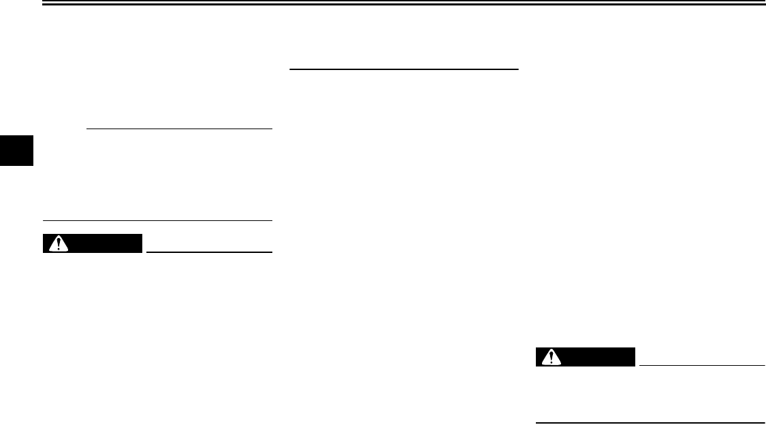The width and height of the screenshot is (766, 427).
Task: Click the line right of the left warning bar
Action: coord(209,252)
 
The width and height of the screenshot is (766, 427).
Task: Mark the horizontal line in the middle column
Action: coord(404,69)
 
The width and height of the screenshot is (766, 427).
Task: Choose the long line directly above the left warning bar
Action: coord(157,220)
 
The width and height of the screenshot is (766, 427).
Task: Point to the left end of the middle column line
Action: coord(291,69)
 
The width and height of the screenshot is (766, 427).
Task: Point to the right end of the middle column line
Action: coord(518,69)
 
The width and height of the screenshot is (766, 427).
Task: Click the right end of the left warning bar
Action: coord(143,243)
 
